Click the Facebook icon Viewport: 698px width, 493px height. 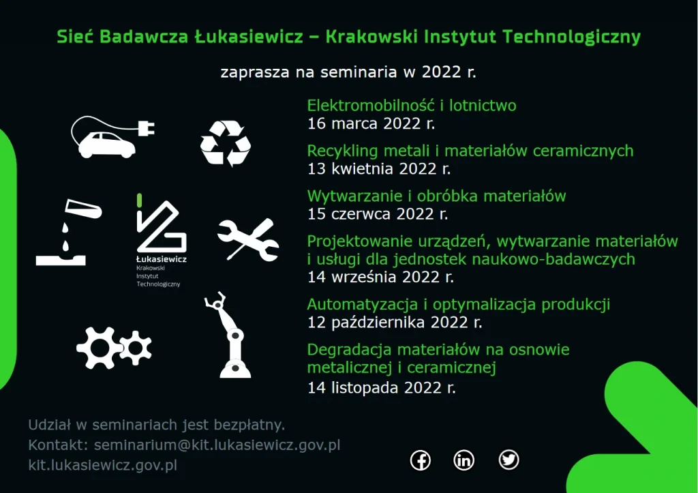pyautogui.click(x=420, y=460)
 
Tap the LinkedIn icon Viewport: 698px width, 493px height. pyautogui.click(x=464, y=460)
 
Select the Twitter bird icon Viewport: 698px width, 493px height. pyautogui.click(x=509, y=460)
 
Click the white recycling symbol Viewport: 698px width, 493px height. pyautogui.click(x=226, y=143)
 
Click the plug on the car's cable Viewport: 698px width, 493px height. pyautogui.click(x=147, y=128)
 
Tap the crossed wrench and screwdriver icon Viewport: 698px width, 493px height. pyautogui.click(x=248, y=239)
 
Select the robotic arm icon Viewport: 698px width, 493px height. pyautogui.click(x=228, y=335)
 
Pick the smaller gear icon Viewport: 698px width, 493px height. pyautogui.click(x=136, y=348)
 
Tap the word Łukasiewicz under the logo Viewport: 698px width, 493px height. pyautogui.click(x=162, y=259)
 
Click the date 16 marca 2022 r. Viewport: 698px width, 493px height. pyautogui.click(x=371, y=123)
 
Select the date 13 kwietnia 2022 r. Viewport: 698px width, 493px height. pyautogui.click(x=379, y=169)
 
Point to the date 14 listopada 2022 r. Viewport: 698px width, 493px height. pyautogui.click(x=382, y=387)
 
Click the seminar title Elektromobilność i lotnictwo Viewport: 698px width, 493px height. pyautogui.click(x=412, y=106)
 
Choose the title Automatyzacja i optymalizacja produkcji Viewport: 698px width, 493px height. pyautogui.click(x=459, y=305)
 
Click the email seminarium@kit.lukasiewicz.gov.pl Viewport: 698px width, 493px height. pyautogui.click(x=217, y=445)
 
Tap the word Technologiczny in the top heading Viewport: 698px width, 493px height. pyautogui.click(x=572, y=38)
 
